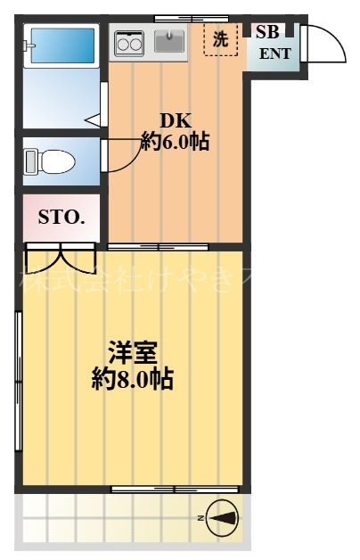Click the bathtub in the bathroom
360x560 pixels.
click(61, 45)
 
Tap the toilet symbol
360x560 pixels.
click(50, 161)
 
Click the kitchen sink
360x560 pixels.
click(168, 41)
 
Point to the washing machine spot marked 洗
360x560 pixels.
click(220, 39)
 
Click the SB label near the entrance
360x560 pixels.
click(266, 32)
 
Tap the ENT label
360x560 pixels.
click(274, 53)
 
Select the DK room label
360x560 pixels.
click(175, 120)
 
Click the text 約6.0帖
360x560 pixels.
click(175, 141)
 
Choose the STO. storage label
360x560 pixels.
click(61, 217)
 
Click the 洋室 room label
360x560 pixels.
click(133, 351)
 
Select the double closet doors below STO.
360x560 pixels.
click(61, 257)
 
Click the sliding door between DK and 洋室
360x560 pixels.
click(159, 246)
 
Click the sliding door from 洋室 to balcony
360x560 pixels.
click(175, 489)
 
